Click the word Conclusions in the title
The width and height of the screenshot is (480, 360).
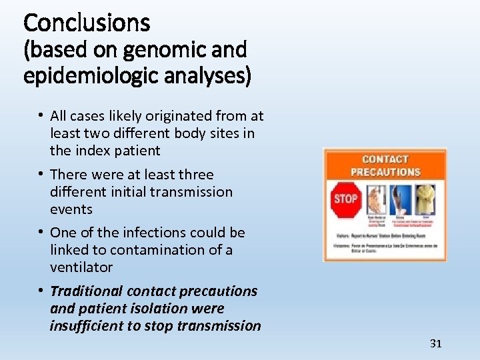[87, 23]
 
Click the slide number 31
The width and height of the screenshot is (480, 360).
[436, 343]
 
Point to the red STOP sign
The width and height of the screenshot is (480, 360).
[345, 199]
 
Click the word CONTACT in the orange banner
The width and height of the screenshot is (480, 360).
[385, 159]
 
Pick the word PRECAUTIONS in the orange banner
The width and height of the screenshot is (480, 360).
[385, 171]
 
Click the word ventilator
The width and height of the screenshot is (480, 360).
[81, 267]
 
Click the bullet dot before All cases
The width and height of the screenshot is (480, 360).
[41, 116]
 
